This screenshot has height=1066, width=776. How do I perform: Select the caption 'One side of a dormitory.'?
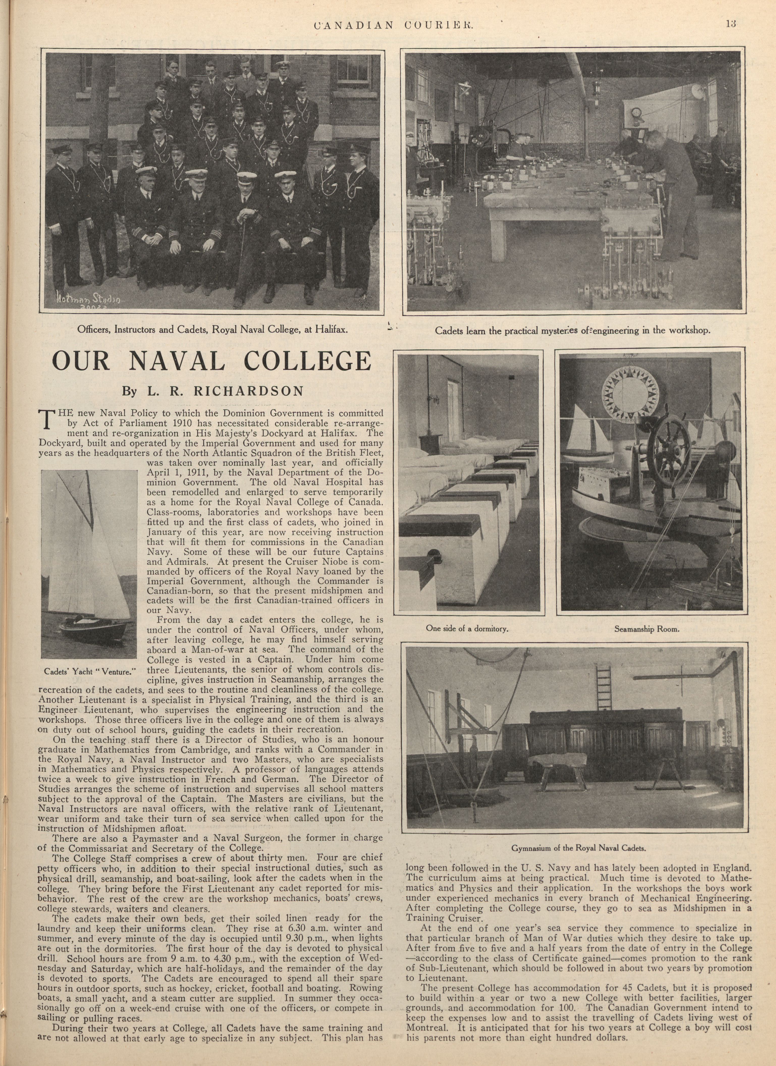[x=467, y=628]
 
